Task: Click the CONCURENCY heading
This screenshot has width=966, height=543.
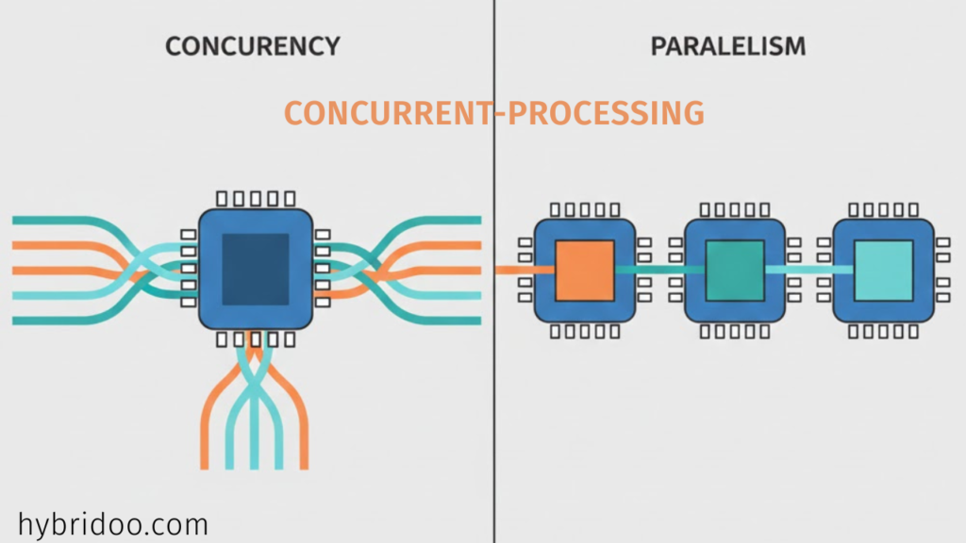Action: (253, 45)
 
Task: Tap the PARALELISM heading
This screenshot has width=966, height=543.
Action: (728, 45)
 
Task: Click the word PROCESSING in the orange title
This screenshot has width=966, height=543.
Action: (606, 113)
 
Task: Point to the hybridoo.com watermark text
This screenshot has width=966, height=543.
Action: (112, 524)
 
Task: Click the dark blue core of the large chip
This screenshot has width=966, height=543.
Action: (256, 269)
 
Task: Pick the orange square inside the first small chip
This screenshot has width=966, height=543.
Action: (585, 270)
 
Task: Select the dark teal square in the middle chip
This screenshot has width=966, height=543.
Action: (735, 270)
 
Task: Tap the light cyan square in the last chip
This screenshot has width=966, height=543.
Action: (883, 270)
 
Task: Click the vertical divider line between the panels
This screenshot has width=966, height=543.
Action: (493, 377)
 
